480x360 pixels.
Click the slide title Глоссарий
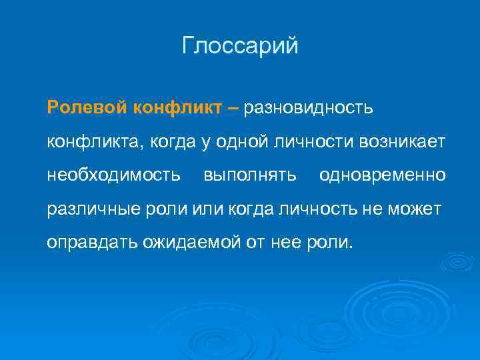tap(240, 46)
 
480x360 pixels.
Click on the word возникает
tap(407, 141)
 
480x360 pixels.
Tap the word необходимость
tap(114, 175)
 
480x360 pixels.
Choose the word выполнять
tap(249, 175)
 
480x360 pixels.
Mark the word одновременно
tap(383, 175)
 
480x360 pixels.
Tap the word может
tap(419, 209)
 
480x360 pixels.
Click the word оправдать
tap(91, 243)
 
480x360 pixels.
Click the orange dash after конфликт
tap(233, 107)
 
